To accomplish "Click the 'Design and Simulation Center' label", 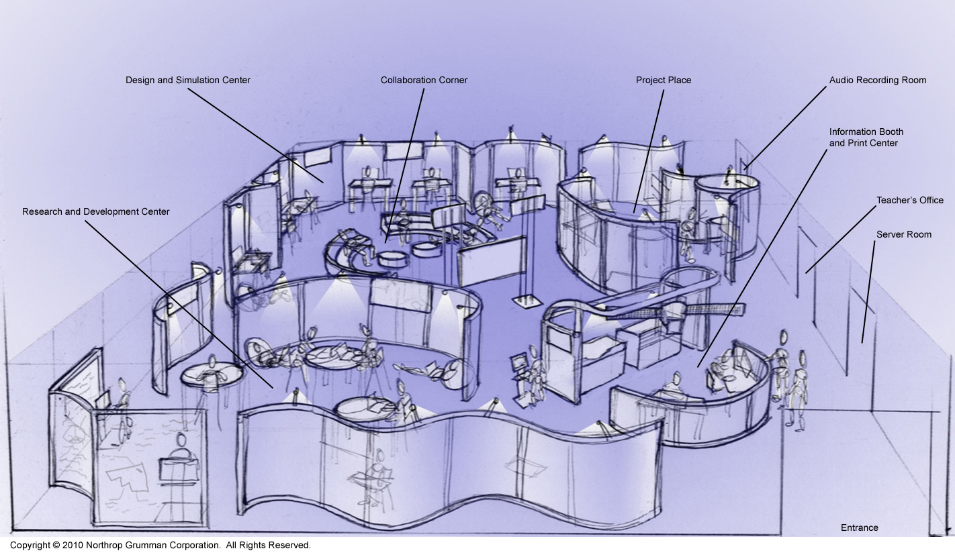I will click(x=188, y=81).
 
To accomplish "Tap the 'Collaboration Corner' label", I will click(x=424, y=81).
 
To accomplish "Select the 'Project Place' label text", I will click(x=664, y=81).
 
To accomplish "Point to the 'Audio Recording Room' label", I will click(x=877, y=81).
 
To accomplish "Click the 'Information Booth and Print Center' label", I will click(x=866, y=138).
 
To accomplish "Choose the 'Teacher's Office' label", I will click(x=909, y=201).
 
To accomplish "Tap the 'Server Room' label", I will click(x=903, y=235).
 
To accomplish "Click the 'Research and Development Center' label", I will click(x=95, y=212).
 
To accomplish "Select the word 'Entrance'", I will click(x=859, y=528).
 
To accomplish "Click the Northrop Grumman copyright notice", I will click(x=160, y=546).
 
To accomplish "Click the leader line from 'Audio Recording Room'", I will click(x=785, y=128).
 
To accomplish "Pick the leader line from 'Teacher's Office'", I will click(x=841, y=239).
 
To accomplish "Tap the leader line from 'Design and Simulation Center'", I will click(x=255, y=134).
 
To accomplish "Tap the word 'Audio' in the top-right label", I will click(x=841, y=81).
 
